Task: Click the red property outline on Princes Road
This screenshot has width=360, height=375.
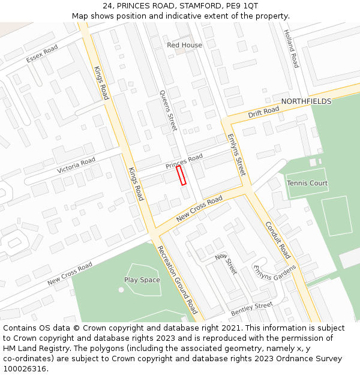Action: [181, 175]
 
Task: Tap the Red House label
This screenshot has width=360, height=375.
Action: [184, 45]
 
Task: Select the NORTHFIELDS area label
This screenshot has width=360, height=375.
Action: [306, 101]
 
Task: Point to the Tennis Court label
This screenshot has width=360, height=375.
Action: [307, 183]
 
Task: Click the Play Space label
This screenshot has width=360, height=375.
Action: [142, 280]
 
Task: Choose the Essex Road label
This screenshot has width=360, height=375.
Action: [42, 54]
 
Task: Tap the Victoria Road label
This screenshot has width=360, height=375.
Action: [76, 166]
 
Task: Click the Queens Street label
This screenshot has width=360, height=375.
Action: [169, 110]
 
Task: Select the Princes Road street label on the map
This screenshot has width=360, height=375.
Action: [184, 161]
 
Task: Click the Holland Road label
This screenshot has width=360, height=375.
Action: [291, 49]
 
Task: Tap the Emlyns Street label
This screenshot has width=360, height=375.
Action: [236, 154]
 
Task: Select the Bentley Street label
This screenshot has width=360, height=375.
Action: [251, 310]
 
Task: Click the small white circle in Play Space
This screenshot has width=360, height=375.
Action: [121, 290]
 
